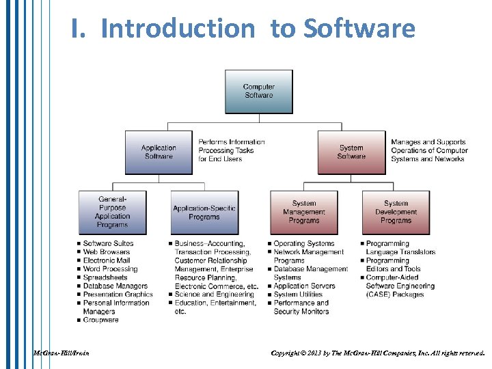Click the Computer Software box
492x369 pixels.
tap(258, 92)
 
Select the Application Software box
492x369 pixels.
tap(159, 152)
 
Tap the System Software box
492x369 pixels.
tap(351, 152)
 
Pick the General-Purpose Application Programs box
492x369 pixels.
tap(112, 212)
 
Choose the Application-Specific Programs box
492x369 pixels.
tap(204, 213)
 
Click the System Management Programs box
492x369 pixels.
tap(304, 212)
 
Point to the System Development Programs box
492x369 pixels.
tap(396, 212)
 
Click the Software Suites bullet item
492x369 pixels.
tap(108, 244)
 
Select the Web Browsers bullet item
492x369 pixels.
tap(106, 252)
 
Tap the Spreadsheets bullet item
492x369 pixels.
tap(105, 277)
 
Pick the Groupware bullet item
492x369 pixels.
tap(100, 320)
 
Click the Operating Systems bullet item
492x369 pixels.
tap(304, 244)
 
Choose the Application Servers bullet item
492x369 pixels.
tap(304, 286)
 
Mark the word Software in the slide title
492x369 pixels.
tap(359, 29)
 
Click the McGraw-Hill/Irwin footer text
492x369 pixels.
tap(61, 353)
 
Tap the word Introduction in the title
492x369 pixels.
tap(177, 29)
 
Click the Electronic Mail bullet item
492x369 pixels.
tap(106, 260)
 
